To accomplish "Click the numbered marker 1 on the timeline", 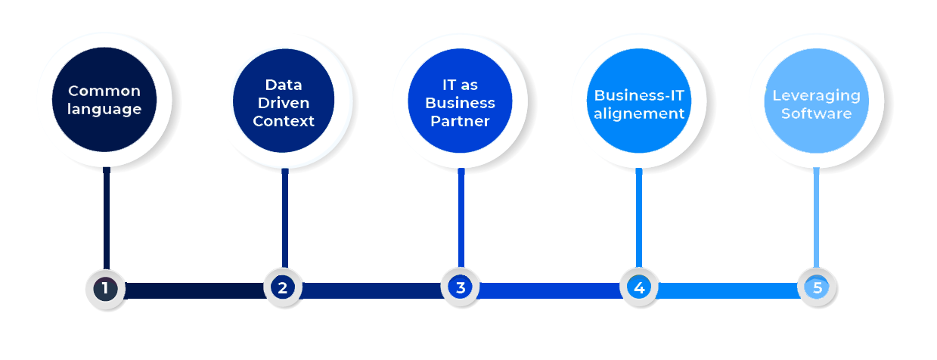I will coord(104,288).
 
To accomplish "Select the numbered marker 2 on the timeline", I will coord(282,288).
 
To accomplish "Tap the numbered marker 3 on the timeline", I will coord(460,288).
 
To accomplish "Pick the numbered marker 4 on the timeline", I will coord(639,288).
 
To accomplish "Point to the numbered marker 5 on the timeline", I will coord(817,288).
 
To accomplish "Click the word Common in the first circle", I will coord(104,91).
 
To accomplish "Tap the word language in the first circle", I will coord(104,109).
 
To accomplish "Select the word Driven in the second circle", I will coord(284,102).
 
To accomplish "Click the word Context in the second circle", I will coord(284,121).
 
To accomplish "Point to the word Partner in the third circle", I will coord(461,121).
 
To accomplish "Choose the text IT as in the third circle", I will coord(461,84).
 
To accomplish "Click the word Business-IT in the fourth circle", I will coord(639,95).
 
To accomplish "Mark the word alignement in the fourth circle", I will coord(639,113).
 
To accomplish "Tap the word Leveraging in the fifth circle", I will coord(816,95).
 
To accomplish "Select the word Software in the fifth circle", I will coord(816,113).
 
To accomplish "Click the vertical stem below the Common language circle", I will coord(107,219).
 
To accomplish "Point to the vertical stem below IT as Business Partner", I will coord(461,219).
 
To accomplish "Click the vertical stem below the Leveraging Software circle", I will coord(816,219).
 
